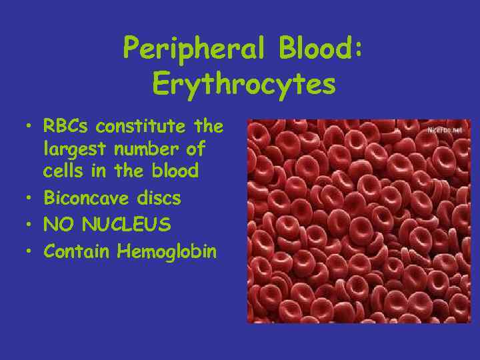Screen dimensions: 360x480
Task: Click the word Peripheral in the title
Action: pyautogui.click(x=185, y=49)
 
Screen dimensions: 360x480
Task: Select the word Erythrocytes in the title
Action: pyautogui.click(x=243, y=85)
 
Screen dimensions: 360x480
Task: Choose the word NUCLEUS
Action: pyautogui.click(x=127, y=225)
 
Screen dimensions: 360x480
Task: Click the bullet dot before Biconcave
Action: pyautogui.click(x=29, y=199)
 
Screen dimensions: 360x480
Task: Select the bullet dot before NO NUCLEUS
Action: pyautogui.click(x=29, y=225)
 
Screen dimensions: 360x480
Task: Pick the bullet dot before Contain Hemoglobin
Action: pyautogui.click(x=29, y=252)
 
